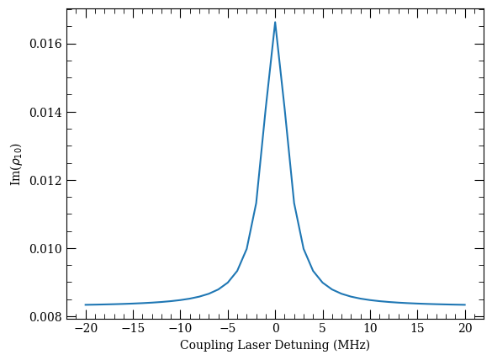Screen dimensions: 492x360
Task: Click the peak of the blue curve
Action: pyautogui.click(x=275, y=22)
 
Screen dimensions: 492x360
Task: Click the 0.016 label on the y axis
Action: pyautogui.click(x=45, y=44)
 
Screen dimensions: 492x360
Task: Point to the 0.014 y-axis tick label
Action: pyautogui.click(x=45, y=113)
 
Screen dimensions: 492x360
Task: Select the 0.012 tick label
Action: pyautogui.click(x=45, y=181)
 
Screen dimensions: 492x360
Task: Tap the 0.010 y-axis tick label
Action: pyautogui.click(x=45, y=249)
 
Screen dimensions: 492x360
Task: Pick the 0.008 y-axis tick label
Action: pyautogui.click(x=45, y=317)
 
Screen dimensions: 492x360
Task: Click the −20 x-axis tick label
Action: pyautogui.click(x=86, y=328)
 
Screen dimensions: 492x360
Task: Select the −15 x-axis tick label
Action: pyautogui.click(x=133, y=328)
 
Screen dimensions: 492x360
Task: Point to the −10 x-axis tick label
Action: pyautogui.click(x=181, y=328)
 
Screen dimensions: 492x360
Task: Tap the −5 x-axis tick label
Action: pyautogui.click(x=228, y=328)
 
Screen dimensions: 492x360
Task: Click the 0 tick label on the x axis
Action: pyautogui.click(x=276, y=328)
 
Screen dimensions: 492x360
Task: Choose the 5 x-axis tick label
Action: pyautogui.click(x=323, y=328)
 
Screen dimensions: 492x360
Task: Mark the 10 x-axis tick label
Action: pyautogui.click(x=371, y=328)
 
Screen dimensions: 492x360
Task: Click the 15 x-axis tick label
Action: pyautogui.click(x=418, y=328)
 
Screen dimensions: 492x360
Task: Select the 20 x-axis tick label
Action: pyautogui.click(x=465, y=328)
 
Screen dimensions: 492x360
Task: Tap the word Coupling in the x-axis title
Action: pyautogui.click(x=207, y=345)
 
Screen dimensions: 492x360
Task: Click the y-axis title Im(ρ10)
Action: pyautogui.click(x=16, y=165)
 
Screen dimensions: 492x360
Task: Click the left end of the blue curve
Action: pyautogui.click(x=85, y=304)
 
